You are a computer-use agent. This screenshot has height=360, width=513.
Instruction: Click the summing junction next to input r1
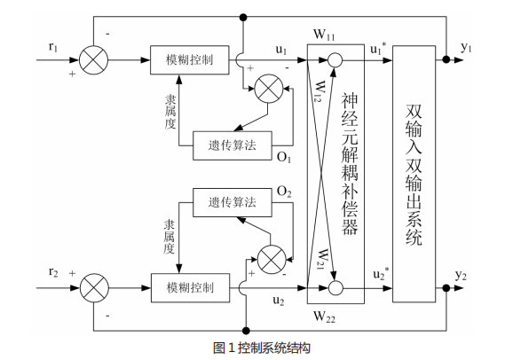(91, 59)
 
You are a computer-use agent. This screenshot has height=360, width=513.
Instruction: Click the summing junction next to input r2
(91, 286)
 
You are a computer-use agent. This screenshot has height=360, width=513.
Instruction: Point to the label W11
(325, 35)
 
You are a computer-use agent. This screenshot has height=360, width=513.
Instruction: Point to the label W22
(325, 315)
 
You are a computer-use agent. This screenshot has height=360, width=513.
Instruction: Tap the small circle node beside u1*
(335, 60)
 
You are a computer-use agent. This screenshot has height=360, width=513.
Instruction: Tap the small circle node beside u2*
(335, 286)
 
